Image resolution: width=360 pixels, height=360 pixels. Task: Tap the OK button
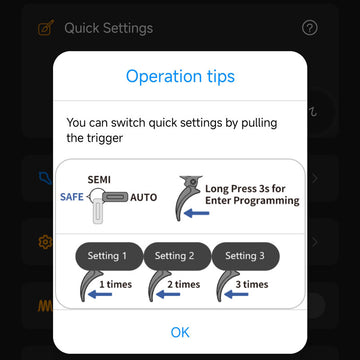click(180, 332)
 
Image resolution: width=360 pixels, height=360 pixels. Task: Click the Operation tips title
click(180, 76)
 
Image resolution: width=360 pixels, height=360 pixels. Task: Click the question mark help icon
click(310, 28)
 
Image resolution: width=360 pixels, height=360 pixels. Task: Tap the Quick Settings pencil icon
click(46, 28)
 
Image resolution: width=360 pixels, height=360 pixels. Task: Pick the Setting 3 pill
click(246, 256)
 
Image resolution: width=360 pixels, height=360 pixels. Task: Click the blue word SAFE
click(72, 197)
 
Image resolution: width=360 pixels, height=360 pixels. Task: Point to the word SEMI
click(99, 180)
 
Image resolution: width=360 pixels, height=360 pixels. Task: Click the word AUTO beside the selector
click(143, 197)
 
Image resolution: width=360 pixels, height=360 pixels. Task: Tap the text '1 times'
click(116, 284)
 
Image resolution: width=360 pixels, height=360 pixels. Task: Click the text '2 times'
click(184, 284)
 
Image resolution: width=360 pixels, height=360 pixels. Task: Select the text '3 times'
click(252, 284)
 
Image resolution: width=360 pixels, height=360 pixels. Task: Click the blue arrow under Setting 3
click(236, 294)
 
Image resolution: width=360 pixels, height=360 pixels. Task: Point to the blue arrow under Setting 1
click(100, 294)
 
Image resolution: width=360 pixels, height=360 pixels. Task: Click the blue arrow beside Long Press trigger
click(197, 213)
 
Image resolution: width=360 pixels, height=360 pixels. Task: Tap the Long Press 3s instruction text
click(252, 195)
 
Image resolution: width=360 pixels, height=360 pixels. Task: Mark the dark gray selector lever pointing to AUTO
click(115, 197)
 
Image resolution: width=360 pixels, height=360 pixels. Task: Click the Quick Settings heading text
click(109, 28)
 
